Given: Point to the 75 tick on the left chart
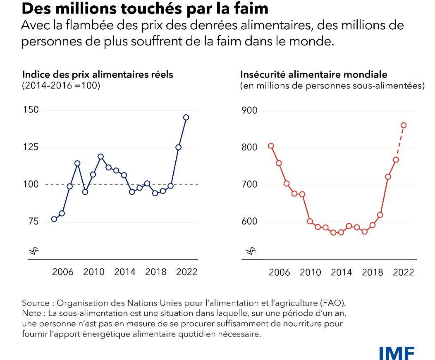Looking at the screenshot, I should pos(31,221).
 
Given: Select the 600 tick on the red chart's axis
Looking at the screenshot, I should pos(249,222).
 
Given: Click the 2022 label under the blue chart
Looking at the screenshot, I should pos(187,272).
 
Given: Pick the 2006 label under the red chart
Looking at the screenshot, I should pos(279,272).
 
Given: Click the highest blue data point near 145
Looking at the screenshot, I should pos(186,117).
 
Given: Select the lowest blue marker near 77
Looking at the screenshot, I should pos(54,219).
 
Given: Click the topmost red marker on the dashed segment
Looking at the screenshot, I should pos(404,125).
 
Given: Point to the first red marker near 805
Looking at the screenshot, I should pos(271,145).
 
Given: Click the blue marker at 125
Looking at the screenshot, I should pos(178,147).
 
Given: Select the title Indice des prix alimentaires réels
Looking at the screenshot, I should pos(97,75).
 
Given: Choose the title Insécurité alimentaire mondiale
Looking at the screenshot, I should pos(314,75).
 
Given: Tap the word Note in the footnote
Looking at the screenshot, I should pos(31,312).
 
